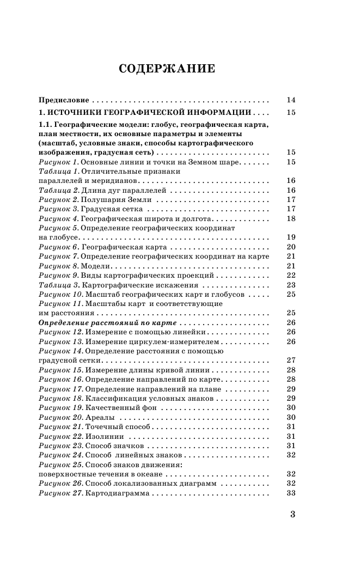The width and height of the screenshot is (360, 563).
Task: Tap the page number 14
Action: (x=290, y=100)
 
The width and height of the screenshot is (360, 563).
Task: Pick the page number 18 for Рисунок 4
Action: (x=290, y=218)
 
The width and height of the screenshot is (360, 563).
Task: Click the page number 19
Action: (x=290, y=237)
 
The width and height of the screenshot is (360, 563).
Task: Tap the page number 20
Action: (x=290, y=247)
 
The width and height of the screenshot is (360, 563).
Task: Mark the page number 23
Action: (x=290, y=285)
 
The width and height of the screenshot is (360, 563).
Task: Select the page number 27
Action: (x=290, y=360)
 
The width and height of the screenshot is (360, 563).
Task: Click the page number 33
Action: (x=290, y=493)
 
